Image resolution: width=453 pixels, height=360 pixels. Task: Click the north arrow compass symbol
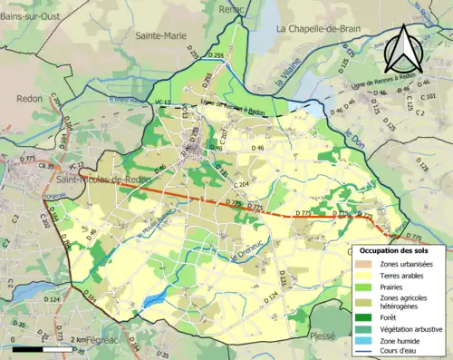[x=405, y=50]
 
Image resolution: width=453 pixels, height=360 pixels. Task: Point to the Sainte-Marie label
[x=155, y=37]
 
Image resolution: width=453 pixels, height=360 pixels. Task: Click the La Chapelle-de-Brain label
[x=319, y=29]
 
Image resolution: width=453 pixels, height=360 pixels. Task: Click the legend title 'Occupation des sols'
[x=400, y=250]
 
